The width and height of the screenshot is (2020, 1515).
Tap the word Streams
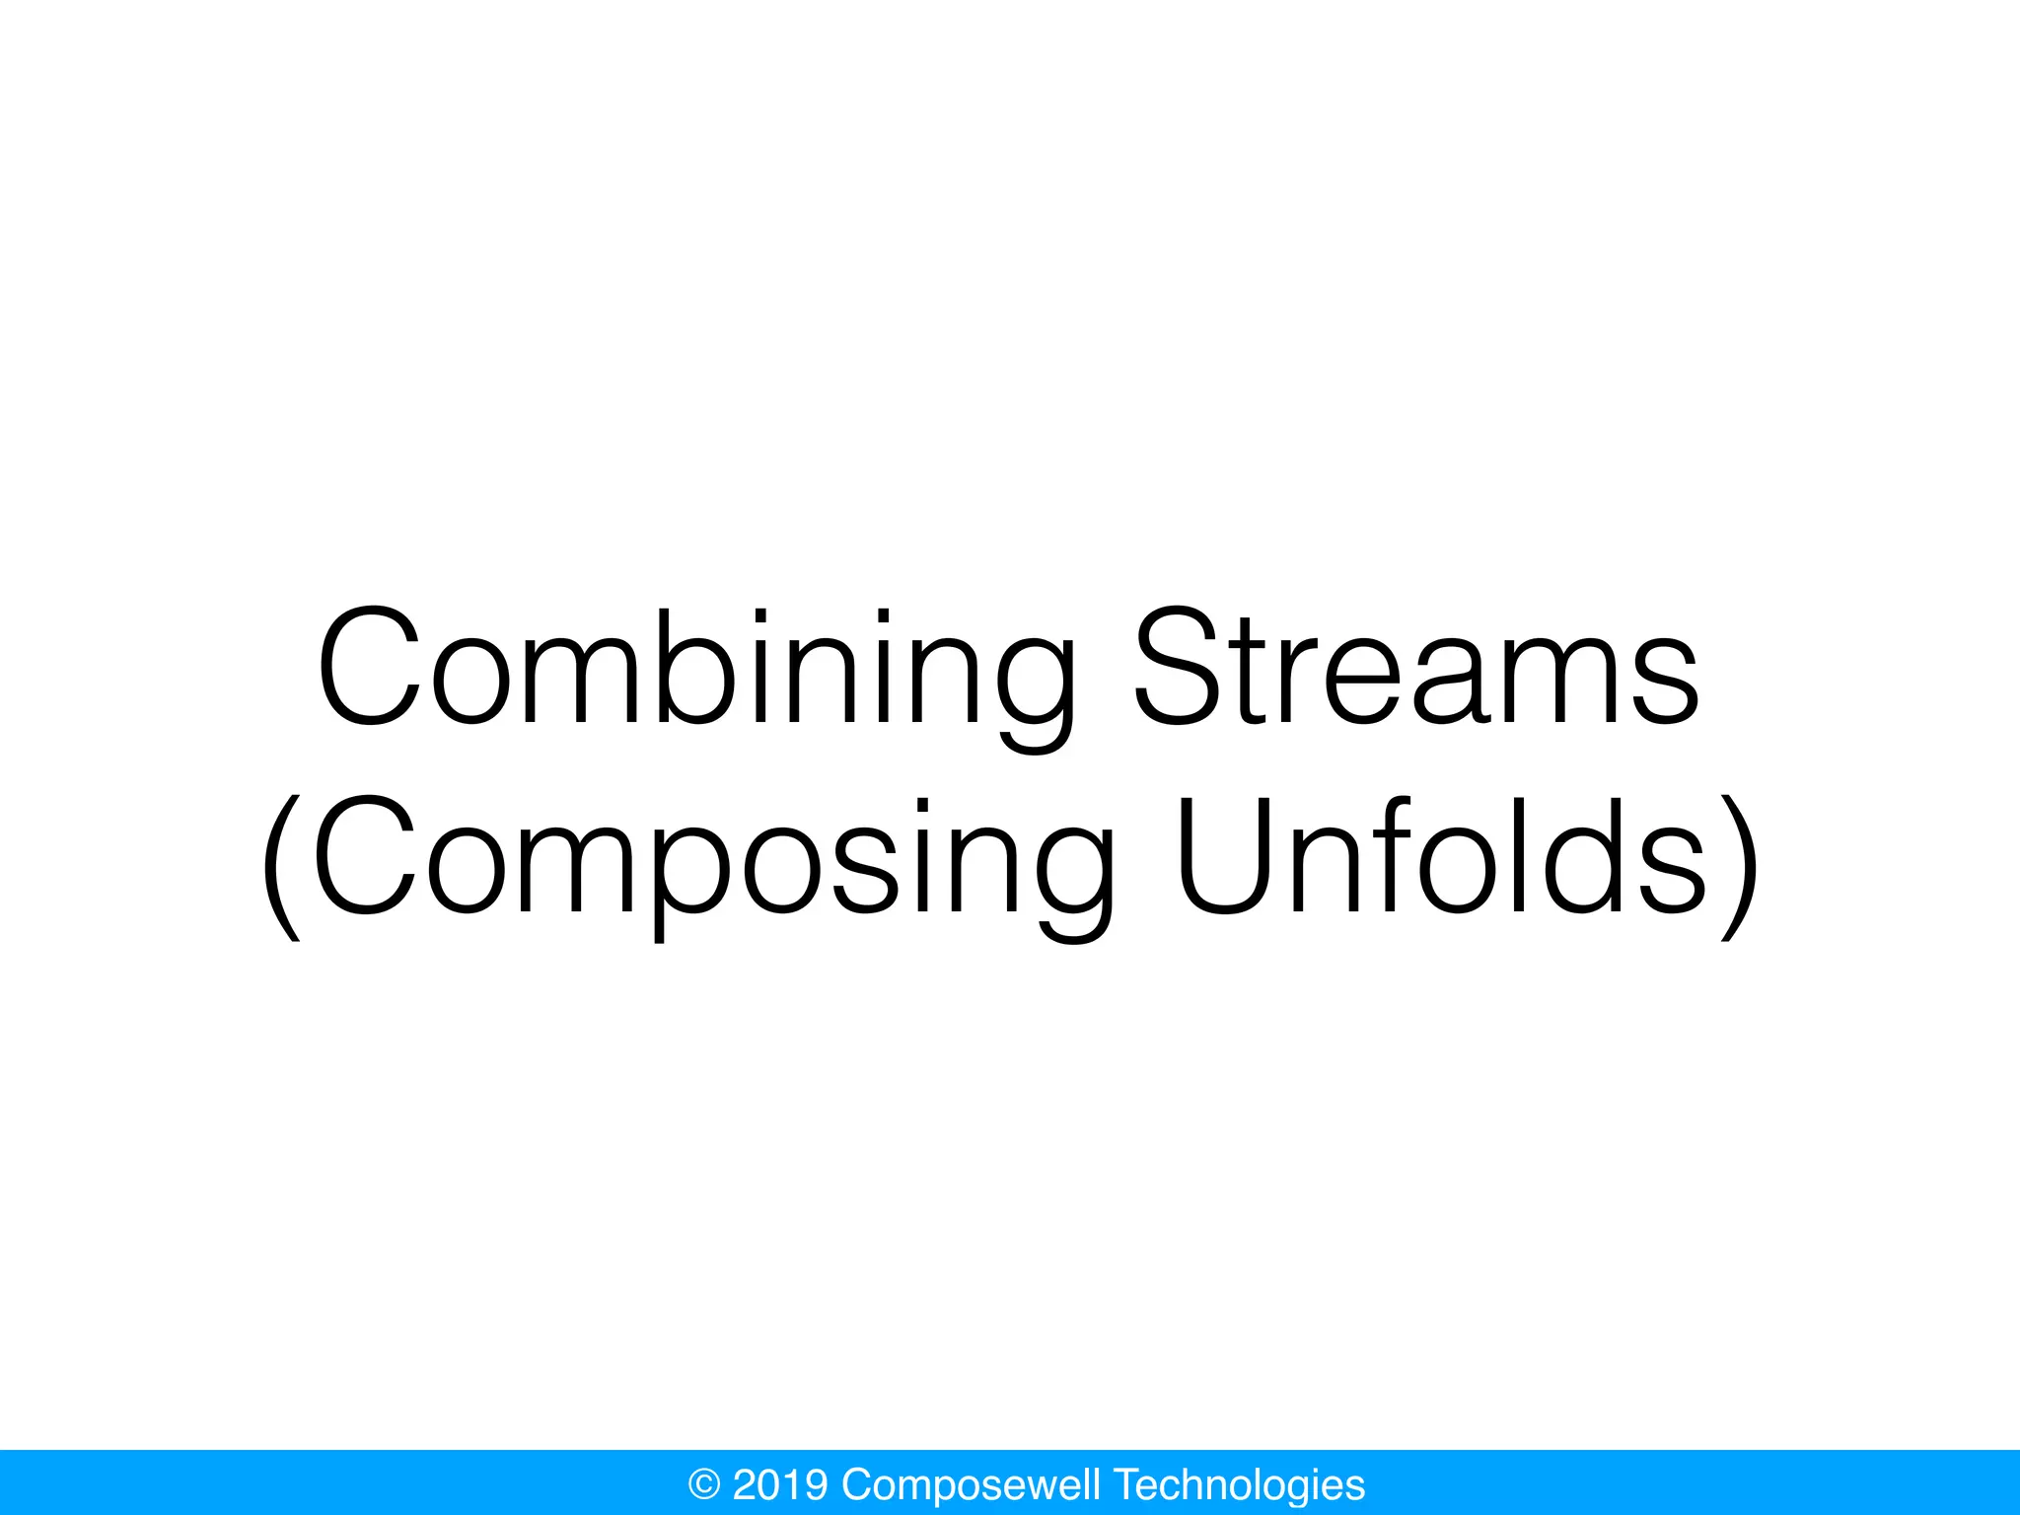coord(1416,671)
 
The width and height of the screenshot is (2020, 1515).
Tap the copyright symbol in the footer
coord(703,1484)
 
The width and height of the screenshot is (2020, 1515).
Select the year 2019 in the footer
coord(780,1484)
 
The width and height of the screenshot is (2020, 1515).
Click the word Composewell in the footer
coord(971,1484)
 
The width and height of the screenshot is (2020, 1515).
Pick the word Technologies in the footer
coord(1239,1484)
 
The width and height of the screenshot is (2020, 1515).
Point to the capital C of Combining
coord(370,668)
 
